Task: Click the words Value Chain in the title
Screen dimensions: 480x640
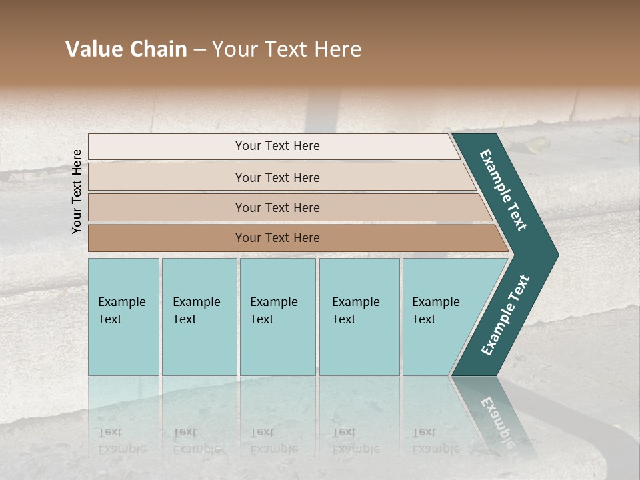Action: [x=126, y=49]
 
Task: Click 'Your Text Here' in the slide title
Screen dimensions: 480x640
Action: [x=287, y=49]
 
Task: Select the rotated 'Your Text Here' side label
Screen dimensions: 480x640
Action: [x=77, y=191]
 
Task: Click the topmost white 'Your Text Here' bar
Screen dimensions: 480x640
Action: [x=277, y=146]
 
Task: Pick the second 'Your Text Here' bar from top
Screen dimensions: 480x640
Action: [x=277, y=177]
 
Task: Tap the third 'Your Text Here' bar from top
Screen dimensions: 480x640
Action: [x=277, y=207]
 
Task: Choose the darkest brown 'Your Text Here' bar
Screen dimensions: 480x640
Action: [x=277, y=238]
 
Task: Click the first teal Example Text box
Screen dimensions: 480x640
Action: [x=123, y=317]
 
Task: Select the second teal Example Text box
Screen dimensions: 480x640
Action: [x=199, y=317]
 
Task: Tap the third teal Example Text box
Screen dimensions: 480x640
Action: [x=277, y=317]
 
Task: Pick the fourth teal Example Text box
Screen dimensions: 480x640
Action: [x=359, y=317]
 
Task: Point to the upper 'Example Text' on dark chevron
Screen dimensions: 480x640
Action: [x=504, y=190]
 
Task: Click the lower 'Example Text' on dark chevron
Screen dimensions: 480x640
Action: [x=505, y=315]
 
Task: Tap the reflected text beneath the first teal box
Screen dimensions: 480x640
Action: [x=121, y=441]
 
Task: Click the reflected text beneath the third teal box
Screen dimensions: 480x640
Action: [x=273, y=441]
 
